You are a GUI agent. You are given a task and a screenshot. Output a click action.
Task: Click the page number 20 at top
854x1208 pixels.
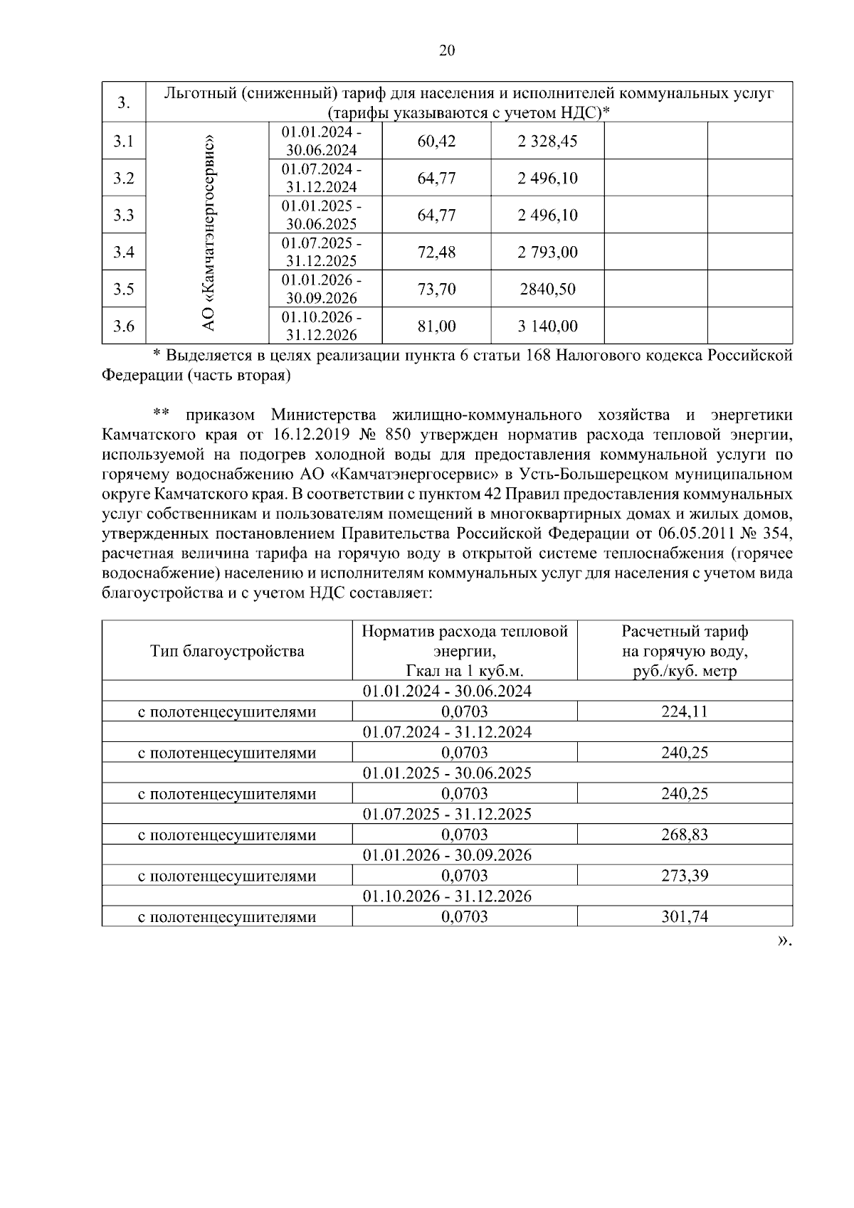point(447,50)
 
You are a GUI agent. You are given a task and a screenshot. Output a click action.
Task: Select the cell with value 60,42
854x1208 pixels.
point(436,141)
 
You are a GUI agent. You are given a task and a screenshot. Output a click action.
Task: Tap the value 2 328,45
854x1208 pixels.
point(547,141)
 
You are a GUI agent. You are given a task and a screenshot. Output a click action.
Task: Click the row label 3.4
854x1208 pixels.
point(124,252)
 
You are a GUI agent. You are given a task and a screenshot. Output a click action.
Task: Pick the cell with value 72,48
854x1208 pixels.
point(436,252)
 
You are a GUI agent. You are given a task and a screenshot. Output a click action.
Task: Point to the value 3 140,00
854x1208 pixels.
point(547,327)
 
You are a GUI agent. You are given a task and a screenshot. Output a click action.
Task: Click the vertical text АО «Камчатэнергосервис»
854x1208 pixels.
point(208,233)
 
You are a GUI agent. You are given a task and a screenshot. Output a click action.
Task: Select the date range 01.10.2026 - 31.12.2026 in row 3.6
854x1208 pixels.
point(322,326)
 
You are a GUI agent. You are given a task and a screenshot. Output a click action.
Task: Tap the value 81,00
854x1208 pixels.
point(436,327)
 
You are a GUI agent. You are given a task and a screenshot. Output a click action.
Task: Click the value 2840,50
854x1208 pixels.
point(547,290)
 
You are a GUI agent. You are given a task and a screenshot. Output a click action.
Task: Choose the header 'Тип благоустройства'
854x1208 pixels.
point(227,651)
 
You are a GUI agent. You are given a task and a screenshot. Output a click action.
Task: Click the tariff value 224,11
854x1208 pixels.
point(684,711)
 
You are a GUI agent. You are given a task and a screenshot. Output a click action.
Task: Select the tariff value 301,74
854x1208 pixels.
point(684,917)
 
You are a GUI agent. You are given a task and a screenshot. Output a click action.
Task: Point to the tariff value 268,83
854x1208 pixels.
point(684,835)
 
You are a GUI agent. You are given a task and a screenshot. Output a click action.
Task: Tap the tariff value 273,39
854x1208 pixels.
point(684,876)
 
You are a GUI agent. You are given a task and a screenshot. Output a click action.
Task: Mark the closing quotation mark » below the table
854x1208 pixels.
point(782,941)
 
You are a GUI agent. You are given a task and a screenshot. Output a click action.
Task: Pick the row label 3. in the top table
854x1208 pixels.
point(124,103)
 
